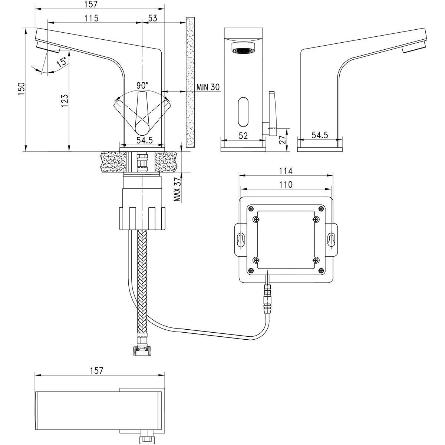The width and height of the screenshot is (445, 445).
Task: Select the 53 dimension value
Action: click(x=152, y=18)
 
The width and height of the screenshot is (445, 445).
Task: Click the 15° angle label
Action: click(x=62, y=62)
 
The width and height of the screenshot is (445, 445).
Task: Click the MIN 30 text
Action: click(x=208, y=88)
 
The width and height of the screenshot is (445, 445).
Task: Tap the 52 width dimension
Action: click(x=243, y=136)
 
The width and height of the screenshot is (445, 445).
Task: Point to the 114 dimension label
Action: click(x=286, y=171)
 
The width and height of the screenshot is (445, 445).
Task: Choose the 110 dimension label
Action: click(x=286, y=184)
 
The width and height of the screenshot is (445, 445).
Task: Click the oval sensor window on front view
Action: click(x=243, y=112)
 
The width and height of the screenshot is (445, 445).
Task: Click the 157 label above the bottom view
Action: click(x=95, y=370)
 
